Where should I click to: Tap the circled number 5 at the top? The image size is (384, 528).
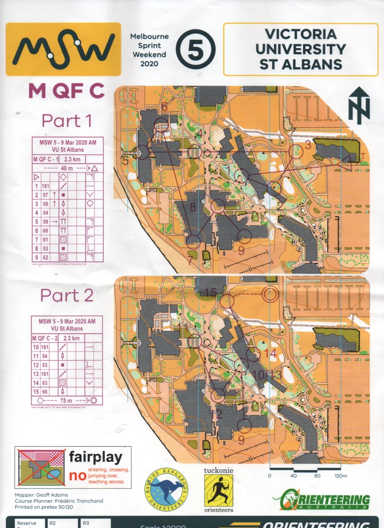[x=196, y=50]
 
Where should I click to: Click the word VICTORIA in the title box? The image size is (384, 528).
[x=300, y=34]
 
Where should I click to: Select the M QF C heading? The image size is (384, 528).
[x=66, y=91]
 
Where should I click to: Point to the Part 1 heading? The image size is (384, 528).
[x=67, y=120]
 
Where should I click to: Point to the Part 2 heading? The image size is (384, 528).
[x=67, y=295]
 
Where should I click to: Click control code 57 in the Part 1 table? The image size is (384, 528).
[x=46, y=195]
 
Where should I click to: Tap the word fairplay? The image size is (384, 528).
[x=95, y=458]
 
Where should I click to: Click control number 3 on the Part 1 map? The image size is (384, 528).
[x=308, y=145]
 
